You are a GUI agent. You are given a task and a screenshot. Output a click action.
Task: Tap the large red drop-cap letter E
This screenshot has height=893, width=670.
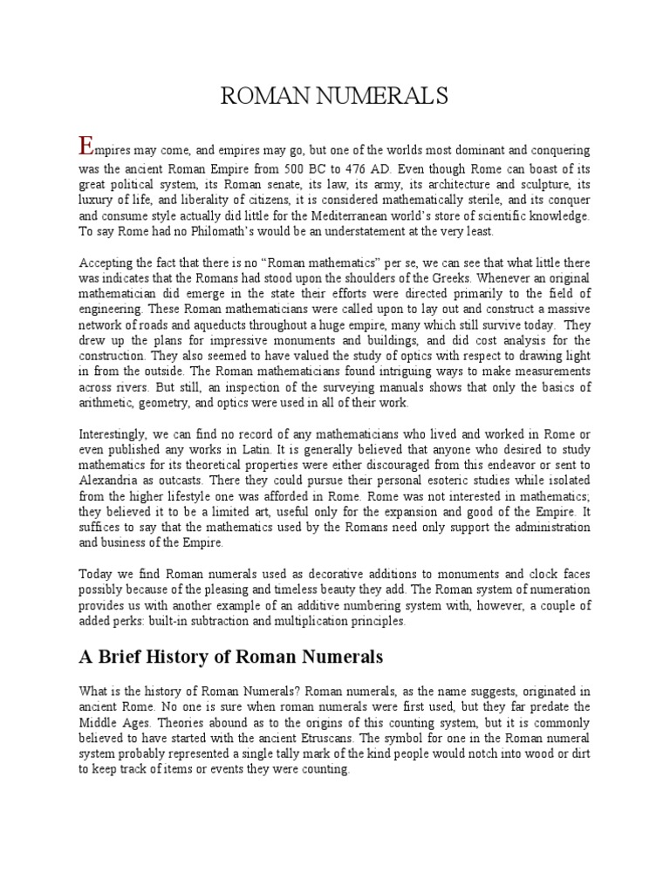tap(85, 147)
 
